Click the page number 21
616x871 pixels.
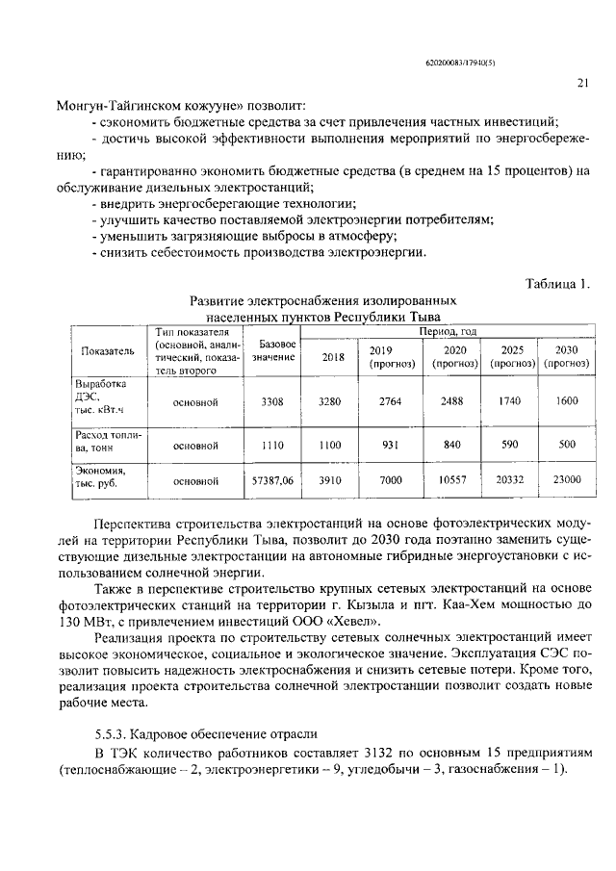(582, 83)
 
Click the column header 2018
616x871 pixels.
(332, 357)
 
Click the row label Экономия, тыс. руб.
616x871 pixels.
(101, 476)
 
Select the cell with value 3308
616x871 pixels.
(272, 401)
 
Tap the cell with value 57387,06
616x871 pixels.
(272, 478)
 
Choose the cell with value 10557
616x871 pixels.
(453, 478)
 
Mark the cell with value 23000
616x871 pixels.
(567, 478)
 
